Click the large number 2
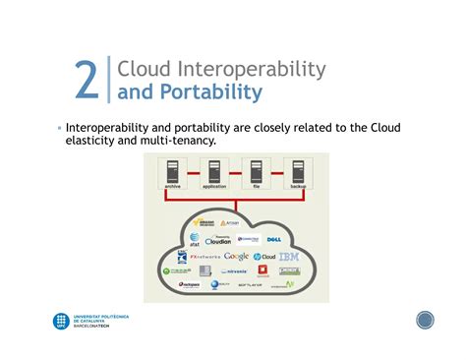[87, 81]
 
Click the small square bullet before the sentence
[59, 129]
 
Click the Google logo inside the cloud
[237, 257]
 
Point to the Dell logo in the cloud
[274, 239]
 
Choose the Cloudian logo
[219, 240]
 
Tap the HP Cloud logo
[263, 257]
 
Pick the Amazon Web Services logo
[206, 223]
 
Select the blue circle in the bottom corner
[425, 321]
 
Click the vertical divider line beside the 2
[107, 81]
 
